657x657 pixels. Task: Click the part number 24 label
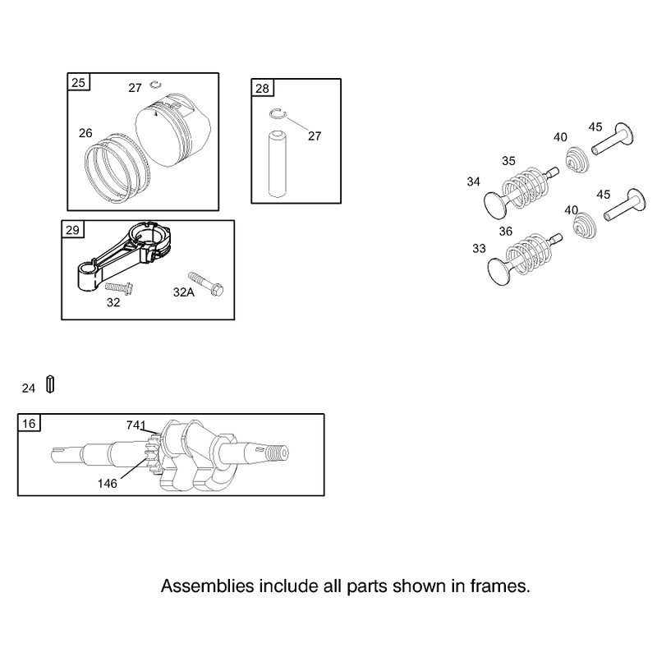click(29, 388)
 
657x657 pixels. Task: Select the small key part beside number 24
click(50, 384)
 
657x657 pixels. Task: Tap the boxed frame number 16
click(29, 423)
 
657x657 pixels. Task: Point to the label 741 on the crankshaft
click(136, 425)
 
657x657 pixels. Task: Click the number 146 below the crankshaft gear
click(108, 484)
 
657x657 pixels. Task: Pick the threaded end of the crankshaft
click(278, 453)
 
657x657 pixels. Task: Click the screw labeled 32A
click(206, 283)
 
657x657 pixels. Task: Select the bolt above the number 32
click(119, 288)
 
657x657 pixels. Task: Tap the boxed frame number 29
click(72, 230)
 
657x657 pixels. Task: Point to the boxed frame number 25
click(78, 83)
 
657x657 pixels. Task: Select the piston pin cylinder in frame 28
click(278, 163)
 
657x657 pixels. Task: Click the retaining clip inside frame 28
click(278, 113)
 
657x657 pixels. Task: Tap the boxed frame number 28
click(262, 89)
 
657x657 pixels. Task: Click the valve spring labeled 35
click(526, 188)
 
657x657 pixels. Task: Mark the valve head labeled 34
click(495, 205)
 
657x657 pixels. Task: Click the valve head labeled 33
click(499, 273)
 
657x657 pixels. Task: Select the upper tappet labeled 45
click(612, 140)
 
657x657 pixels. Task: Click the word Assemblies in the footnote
click(208, 586)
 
